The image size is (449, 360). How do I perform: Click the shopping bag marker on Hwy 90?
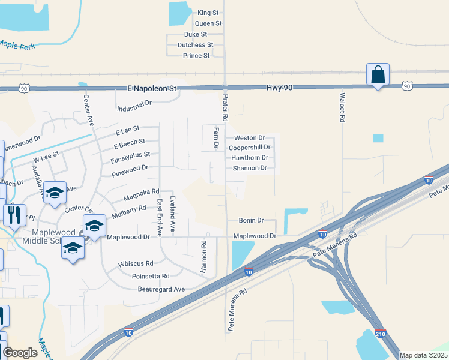378,74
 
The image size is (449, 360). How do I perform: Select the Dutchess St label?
195,45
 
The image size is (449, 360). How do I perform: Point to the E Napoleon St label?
153,88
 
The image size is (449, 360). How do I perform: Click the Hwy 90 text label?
280,88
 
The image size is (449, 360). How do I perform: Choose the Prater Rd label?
225,106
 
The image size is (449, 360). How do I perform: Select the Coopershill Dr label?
250,147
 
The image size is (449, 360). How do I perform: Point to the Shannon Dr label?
249,168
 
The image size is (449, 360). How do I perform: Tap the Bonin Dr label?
252,221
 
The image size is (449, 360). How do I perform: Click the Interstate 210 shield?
380,334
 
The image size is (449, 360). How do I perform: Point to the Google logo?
20,353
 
